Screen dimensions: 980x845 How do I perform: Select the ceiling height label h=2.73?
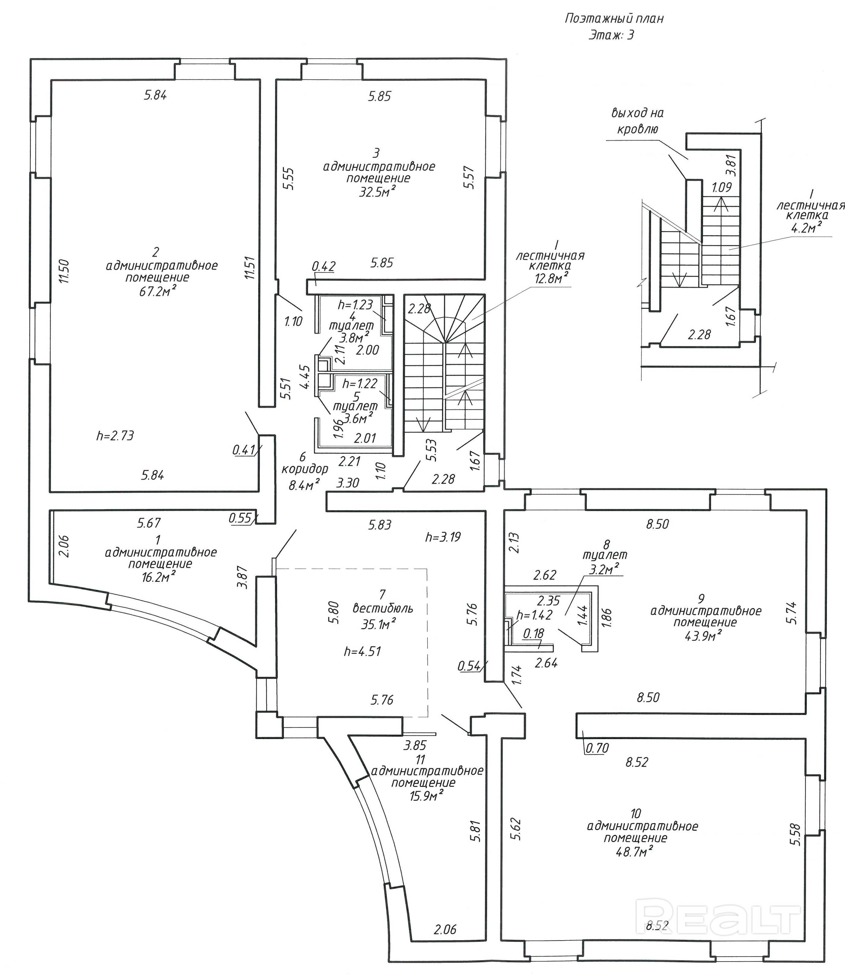(x=115, y=436)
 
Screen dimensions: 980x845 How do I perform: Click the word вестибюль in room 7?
(x=383, y=609)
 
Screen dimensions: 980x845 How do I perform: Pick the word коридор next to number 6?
(x=305, y=470)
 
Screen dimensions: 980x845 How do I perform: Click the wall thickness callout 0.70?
(x=597, y=748)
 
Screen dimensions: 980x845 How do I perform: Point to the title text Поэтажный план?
(x=614, y=19)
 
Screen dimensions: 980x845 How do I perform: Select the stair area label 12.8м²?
(x=551, y=279)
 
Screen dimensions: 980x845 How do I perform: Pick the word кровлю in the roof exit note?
(x=637, y=129)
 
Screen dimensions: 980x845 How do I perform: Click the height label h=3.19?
(x=443, y=537)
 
